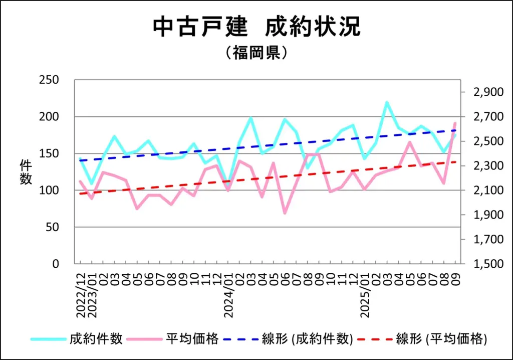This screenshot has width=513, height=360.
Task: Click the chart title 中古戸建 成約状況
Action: coord(256,27)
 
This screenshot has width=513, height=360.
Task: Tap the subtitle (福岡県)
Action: coord(256,53)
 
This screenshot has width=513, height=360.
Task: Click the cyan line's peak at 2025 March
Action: coord(387,102)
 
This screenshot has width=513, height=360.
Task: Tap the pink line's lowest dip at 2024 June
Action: coord(285,213)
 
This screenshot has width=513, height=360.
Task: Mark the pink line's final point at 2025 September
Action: coord(455,122)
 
